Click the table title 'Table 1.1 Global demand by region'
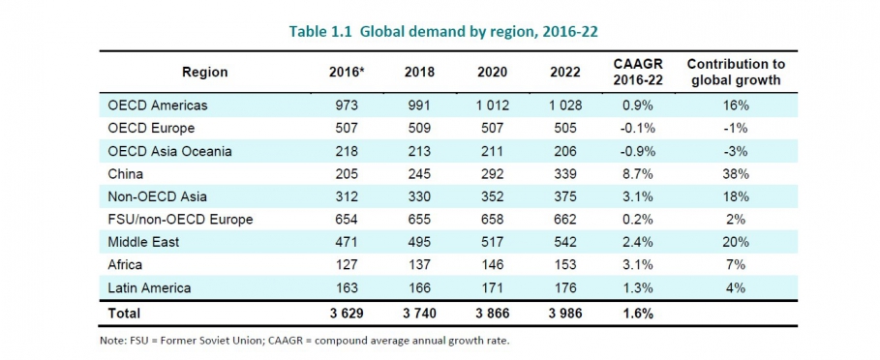pyautogui.click(x=443, y=31)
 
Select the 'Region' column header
pyautogui.click(x=204, y=73)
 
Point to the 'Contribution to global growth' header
pyautogui.click(x=736, y=73)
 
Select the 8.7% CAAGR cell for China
pyautogui.click(x=637, y=174)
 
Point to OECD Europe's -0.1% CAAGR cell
pyautogui.click(x=637, y=129)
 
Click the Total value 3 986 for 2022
pyautogui.click(x=561, y=314)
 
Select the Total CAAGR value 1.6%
pyautogui.click(x=637, y=314)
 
